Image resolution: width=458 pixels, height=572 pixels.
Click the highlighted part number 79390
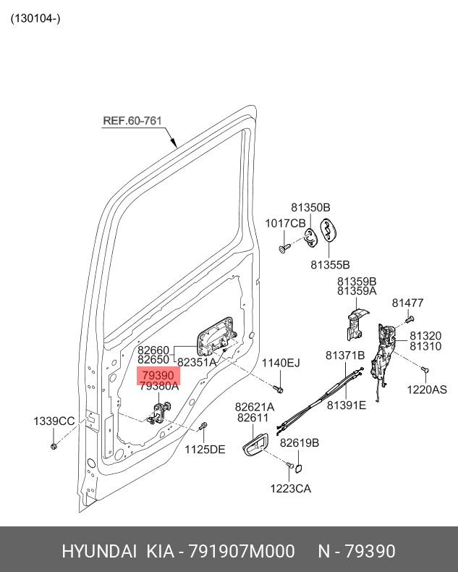tap(158, 376)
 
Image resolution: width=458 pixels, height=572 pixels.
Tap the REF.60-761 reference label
tap(132, 121)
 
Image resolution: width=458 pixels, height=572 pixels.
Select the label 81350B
tap(310, 207)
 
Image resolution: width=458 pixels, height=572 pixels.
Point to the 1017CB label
tap(285, 223)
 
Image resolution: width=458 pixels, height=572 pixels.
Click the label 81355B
tap(330, 264)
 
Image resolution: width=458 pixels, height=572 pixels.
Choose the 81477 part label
tap(407, 303)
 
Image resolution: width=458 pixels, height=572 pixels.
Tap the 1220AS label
tap(426, 389)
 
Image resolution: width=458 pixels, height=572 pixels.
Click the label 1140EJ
tap(280, 362)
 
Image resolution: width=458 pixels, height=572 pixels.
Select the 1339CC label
tap(54, 421)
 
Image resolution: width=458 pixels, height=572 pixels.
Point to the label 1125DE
tap(204, 449)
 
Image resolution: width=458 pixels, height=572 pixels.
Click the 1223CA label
tap(291, 489)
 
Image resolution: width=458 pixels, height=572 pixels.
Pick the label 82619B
tap(300, 442)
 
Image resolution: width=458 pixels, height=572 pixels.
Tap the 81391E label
tap(346, 405)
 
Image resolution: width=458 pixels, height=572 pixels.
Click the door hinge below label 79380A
tap(158, 413)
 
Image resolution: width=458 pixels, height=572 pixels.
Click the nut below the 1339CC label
tap(54, 443)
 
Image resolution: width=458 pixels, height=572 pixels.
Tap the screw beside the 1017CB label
tap(284, 248)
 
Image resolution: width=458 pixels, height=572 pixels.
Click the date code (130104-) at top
tap(35, 18)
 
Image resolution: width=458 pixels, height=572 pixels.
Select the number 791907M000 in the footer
tap(242, 552)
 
